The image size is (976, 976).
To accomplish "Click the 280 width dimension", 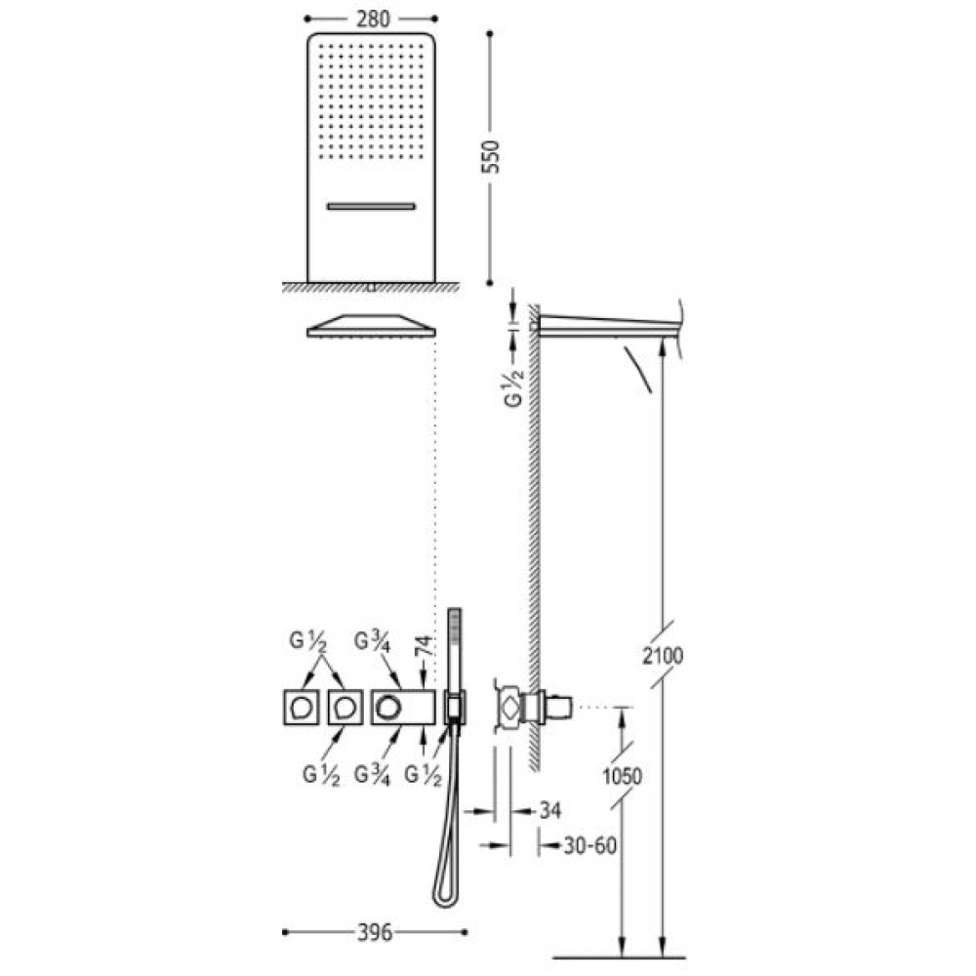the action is click(x=373, y=20).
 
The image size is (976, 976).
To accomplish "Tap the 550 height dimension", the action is click(x=491, y=157).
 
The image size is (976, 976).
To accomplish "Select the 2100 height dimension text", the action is click(x=663, y=656).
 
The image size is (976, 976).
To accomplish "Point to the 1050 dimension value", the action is click(x=622, y=776).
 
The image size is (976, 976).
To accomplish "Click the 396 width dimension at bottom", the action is click(x=376, y=932).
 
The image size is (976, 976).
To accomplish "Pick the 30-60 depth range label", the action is click(x=590, y=845).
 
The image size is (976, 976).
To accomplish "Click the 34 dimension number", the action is click(x=549, y=810).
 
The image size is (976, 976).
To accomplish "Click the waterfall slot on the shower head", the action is click(x=370, y=206).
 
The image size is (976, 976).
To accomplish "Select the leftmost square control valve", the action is click(x=301, y=707).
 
